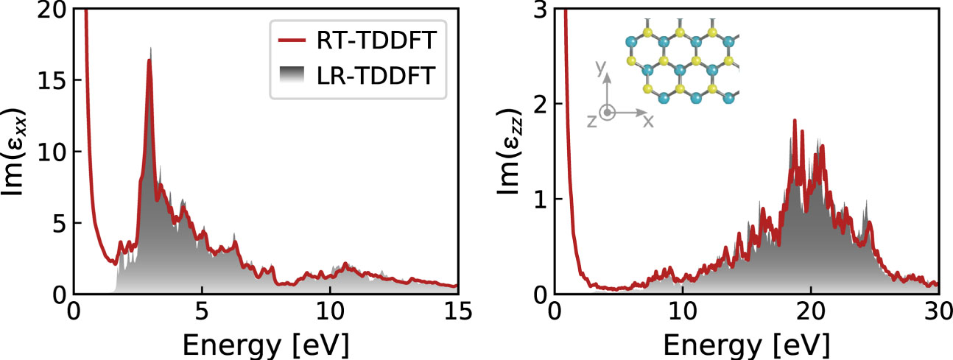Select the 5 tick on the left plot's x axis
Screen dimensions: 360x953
[201, 311]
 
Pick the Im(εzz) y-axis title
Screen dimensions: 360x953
[506, 151]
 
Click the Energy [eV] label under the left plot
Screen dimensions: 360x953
[265, 343]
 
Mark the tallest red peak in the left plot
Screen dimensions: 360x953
[150, 61]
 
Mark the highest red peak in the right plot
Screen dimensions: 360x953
[795, 120]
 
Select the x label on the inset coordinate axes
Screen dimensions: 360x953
[648, 121]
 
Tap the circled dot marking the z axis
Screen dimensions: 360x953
[608, 113]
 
